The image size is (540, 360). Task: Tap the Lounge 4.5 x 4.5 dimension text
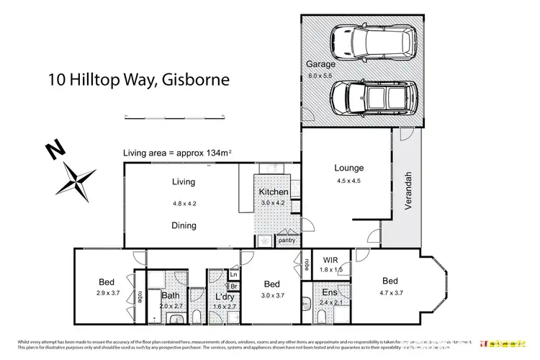[348, 180]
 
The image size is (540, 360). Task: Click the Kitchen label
[274, 192]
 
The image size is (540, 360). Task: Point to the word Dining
[184, 225]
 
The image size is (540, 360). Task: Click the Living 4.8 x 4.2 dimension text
[184, 204]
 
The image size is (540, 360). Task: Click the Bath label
[171, 295]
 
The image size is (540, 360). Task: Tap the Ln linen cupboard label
[233, 274]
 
